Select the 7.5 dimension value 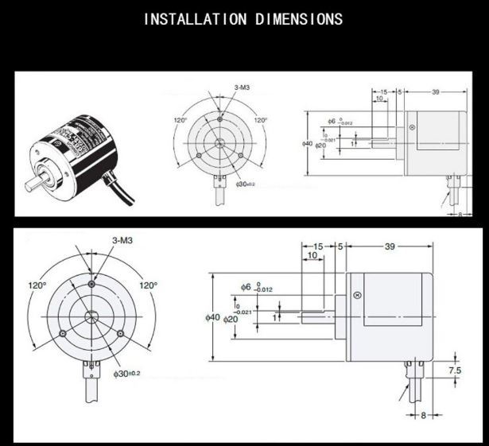pyautogui.click(x=455, y=370)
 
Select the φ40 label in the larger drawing pyautogui.click(x=212, y=317)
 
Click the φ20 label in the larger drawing pyautogui.click(x=231, y=320)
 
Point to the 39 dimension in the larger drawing pyautogui.click(x=390, y=247)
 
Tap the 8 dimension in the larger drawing pyautogui.click(x=423, y=414)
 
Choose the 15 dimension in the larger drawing pyautogui.click(x=318, y=247)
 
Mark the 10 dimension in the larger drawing pyautogui.click(x=312, y=257)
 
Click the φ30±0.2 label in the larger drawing pyautogui.click(x=126, y=373)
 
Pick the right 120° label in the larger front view pyautogui.click(x=148, y=285)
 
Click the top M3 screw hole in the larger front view pyautogui.click(x=92, y=284)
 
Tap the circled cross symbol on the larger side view pyautogui.click(x=357, y=296)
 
